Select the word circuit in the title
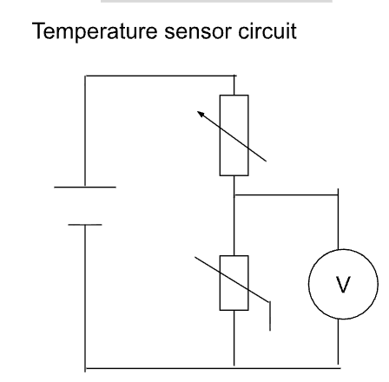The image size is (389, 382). [266, 35]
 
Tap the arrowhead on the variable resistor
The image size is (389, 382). [201, 113]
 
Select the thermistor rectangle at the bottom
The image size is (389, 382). [234, 284]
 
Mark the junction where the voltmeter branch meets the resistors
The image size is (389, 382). [236, 196]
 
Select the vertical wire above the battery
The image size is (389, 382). [85, 130]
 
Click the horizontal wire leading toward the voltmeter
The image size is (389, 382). [287, 196]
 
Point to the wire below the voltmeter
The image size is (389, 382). [338, 343]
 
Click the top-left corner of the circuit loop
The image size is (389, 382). [85, 77]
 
